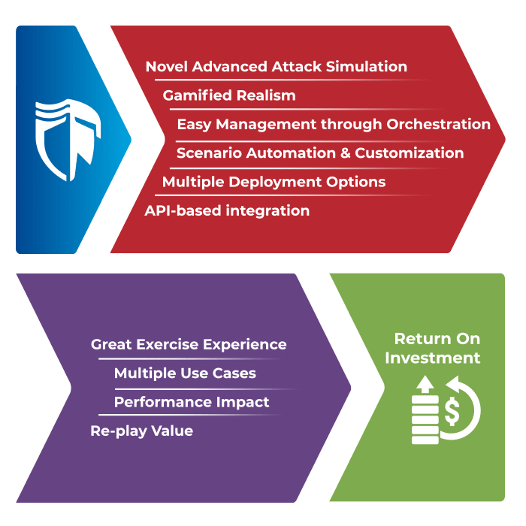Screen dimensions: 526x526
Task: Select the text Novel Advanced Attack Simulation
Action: tap(276, 67)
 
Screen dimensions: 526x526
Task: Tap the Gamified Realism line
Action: tap(229, 95)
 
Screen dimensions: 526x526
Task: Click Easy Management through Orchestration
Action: tap(334, 124)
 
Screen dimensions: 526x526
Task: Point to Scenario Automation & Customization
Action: tap(320, 153)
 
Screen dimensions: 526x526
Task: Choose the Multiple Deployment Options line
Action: tap(274, 182)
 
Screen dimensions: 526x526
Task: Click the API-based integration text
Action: tap(227, 211)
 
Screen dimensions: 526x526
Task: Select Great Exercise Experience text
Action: tap(189, 345)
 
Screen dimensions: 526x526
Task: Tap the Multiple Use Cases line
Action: tap(185, 373)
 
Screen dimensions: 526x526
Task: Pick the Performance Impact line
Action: tap(192, 402)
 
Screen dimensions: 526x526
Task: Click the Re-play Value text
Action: tap(141, 431)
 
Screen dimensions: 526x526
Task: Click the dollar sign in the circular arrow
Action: tap(454, 410)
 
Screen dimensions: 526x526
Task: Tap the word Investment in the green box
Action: tap(433, 358)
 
